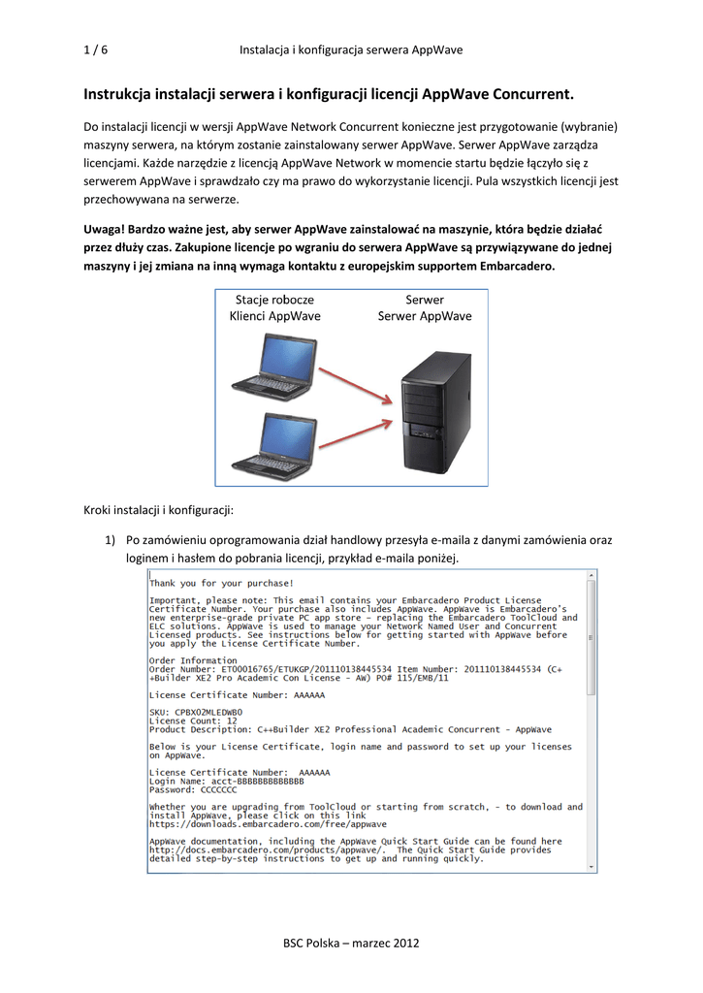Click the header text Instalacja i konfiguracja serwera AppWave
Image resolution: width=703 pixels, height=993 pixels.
click(351, 49)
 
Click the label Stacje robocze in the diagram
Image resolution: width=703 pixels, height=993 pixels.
click(274, 301)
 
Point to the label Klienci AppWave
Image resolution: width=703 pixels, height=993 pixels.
click(274, 316)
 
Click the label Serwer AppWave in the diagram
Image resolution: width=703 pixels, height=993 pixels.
click(425, 316)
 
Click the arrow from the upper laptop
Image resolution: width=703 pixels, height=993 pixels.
click(356, 380)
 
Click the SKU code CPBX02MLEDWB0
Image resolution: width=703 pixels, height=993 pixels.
click(208, 712)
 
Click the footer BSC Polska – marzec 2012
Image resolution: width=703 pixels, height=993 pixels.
click(351, 943)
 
